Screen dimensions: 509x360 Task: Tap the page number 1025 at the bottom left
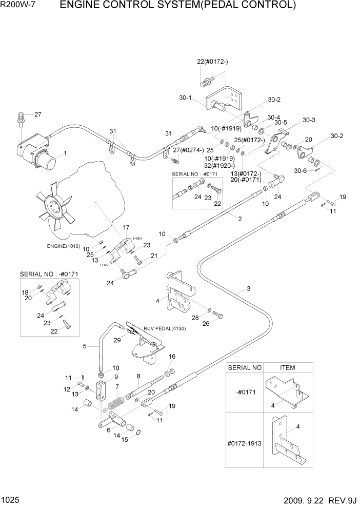pyautogui.click(x=11, y=499)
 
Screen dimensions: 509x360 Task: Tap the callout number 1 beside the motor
pyautogui.click(x=65, y=153)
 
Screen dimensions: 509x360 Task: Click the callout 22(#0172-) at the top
pyautogui.click(x=212, y=62)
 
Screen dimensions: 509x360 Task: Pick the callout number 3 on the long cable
pyautogui.click(x=248, y=288)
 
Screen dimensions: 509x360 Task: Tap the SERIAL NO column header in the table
pyautogui.click(x=245, y=367)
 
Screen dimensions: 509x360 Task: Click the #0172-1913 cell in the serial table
pyautogui.click(x=245, y=442)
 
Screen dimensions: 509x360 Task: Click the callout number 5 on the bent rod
pyautogui.click(x=85, y=346)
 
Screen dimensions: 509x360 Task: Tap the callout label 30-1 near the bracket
pyautogui.click(x=186, y=99)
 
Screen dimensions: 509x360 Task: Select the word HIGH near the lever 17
pyautogui.click(x=137, y=239)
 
